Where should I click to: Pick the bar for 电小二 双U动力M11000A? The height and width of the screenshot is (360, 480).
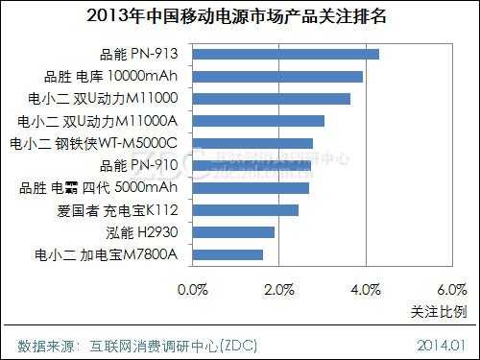pyautogui.click(x=259, y=121)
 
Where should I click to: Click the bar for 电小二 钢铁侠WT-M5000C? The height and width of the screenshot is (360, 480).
pyautogui.click(x=253, y=143)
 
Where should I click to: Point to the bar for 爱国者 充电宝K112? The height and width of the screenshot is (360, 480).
pyautogui.click(x=246, y=209)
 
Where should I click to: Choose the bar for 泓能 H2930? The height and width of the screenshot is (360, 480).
pyautogui.click(x=234, y=231)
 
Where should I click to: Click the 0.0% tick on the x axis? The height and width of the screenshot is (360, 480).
pyautogui.click(x=193, y=289)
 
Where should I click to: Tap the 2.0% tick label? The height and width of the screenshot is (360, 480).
pyautogui.click(x=278, y=289)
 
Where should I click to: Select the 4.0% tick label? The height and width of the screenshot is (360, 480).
pyautogui.click(x=365, y=289)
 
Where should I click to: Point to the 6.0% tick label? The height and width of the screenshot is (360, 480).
pyautogui.click(x=450, y=289)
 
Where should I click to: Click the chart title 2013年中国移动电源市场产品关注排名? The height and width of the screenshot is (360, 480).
pyautogui.click(x=239, y=16)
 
